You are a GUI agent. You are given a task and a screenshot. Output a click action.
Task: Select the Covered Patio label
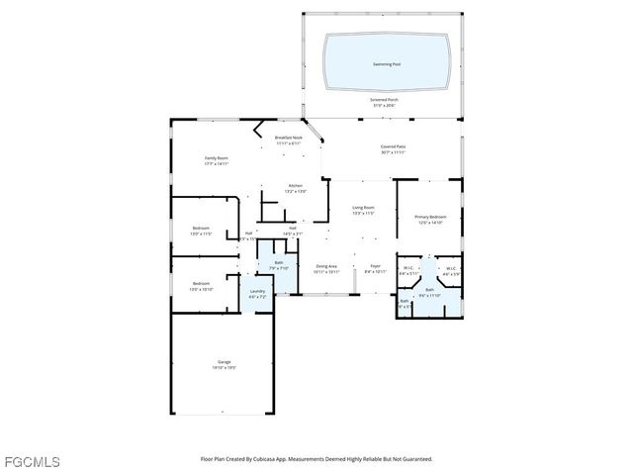tap(393, 147)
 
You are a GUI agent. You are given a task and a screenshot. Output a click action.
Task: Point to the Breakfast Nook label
tap(288, 139)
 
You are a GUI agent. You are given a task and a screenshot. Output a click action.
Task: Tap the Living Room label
tap(363, 208)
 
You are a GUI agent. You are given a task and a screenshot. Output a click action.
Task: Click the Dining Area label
tap(326, 266)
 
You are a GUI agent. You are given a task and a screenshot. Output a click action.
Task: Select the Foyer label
tap(375, 266)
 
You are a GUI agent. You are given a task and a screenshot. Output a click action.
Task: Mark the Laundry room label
tap(257, 291)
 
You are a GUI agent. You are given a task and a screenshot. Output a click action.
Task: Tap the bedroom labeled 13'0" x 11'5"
tap(201, 229)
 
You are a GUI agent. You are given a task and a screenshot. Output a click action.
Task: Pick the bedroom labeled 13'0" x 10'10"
tap(201, 284)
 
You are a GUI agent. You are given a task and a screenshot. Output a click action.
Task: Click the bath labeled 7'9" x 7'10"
tap(279, 263)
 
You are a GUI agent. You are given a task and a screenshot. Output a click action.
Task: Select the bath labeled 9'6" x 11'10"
tap(429, 291)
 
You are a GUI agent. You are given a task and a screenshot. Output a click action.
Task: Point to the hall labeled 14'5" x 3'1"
tap(294, 229)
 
